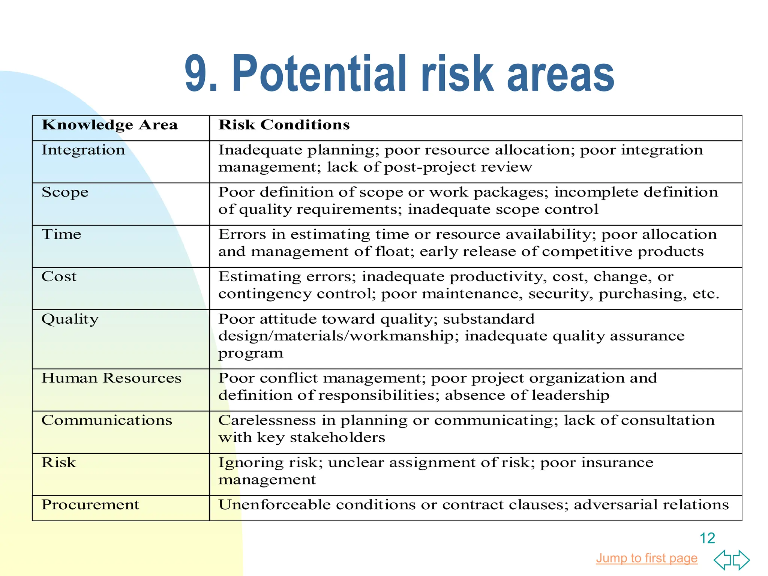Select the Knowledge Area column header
tap(109, 125)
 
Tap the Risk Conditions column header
tap(284, 125)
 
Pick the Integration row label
tap(83, 150)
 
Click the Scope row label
tap(65, 192)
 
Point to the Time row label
tap(61, 234)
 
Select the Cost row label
tap(59, 277)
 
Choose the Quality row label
tap(70, 319)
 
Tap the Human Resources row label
tap(111, 378)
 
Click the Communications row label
tap(107, 420)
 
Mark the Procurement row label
tap(90, 505)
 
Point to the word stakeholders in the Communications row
tap(337, 438)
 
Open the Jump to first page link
tap(646, 558)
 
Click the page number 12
tap(707, 538)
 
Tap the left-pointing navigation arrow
tap(723, 560)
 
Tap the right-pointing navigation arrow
tap(741, 560)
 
